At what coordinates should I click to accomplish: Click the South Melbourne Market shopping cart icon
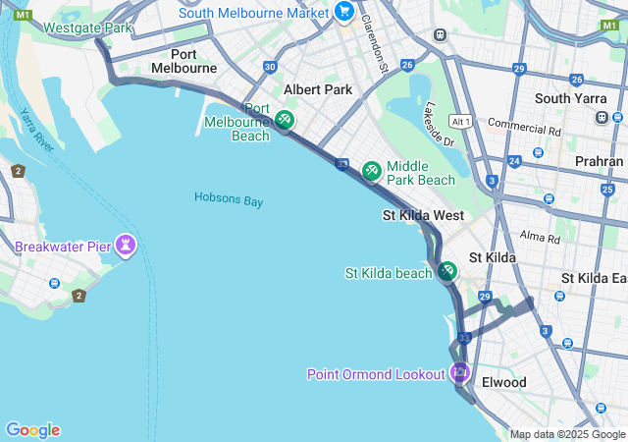(343, 11)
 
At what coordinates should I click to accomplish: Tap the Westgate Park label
(87, 28)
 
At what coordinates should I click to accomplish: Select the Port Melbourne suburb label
(183, 61)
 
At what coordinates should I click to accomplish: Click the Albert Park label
(317, 89)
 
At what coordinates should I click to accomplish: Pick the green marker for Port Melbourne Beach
(284, 120)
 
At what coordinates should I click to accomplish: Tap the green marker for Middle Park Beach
(372, 171)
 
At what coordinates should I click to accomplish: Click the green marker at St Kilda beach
(447, 270)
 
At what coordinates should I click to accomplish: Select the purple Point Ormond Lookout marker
(459, 372)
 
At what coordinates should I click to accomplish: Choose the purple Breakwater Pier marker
(126, 244)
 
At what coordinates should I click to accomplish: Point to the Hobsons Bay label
(229, 199)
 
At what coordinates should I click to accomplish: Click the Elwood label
(504, 382)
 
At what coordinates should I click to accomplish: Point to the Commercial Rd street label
(524, 127)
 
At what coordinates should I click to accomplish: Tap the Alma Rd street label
(539, 237)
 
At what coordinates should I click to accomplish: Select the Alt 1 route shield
(460, 121)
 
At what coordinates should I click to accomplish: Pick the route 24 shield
(513, 161)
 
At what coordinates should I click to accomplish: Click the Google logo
(32, 430)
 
